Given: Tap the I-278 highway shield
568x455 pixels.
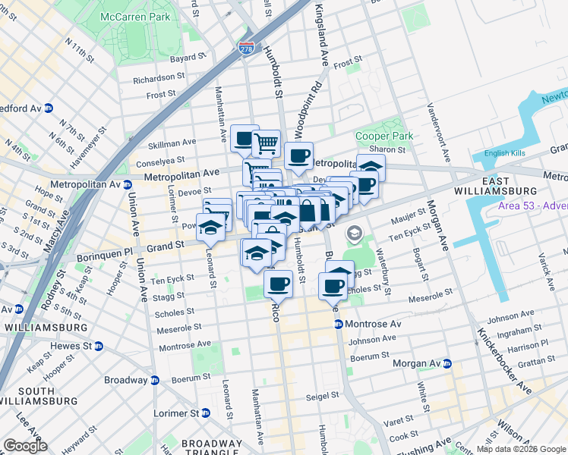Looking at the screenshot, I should coord(246,48).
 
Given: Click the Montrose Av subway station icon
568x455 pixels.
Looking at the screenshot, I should coord(339,324).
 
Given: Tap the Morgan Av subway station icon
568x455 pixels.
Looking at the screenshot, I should coord(447,363).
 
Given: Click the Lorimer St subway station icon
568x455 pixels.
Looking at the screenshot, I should coord(204,413).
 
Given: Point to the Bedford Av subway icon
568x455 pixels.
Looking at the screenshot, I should coord(48,108).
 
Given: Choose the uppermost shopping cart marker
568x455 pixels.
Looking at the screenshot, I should coord(266,142).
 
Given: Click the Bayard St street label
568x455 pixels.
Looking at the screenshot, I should coord(188,57).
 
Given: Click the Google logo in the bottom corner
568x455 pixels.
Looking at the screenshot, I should coord(26,446).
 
